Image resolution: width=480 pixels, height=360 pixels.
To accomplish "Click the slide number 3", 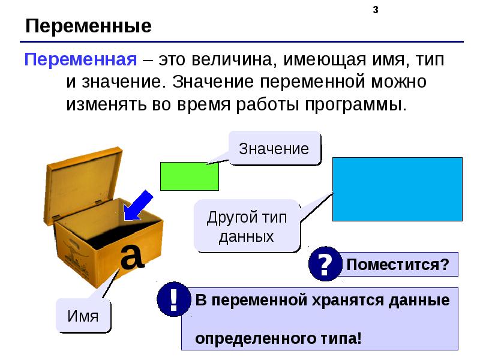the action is [375, 10].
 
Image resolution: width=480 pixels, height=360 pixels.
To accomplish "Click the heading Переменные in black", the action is [88, 26].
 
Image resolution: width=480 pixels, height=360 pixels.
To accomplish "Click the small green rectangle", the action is [189, 176].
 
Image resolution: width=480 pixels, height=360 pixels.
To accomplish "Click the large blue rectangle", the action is [397, 189].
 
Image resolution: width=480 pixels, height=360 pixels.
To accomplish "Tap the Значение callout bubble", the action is [274, 149].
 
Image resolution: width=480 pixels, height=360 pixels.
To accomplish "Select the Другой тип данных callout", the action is [247, 226].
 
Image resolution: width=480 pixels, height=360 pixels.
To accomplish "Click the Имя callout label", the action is [83, 316].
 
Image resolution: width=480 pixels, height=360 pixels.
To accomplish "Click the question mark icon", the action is [325, 265].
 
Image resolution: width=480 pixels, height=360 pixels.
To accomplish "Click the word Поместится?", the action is [397, 265].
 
